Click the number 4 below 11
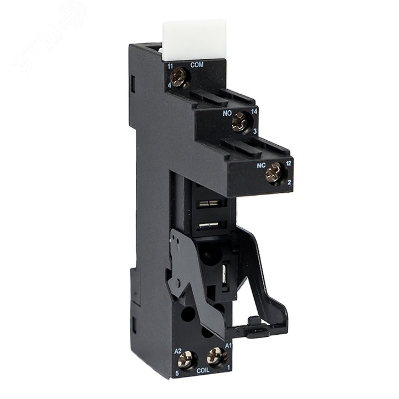tap(171, 86)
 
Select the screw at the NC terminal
tap(273, 175)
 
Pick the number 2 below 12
tap(289, 183)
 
